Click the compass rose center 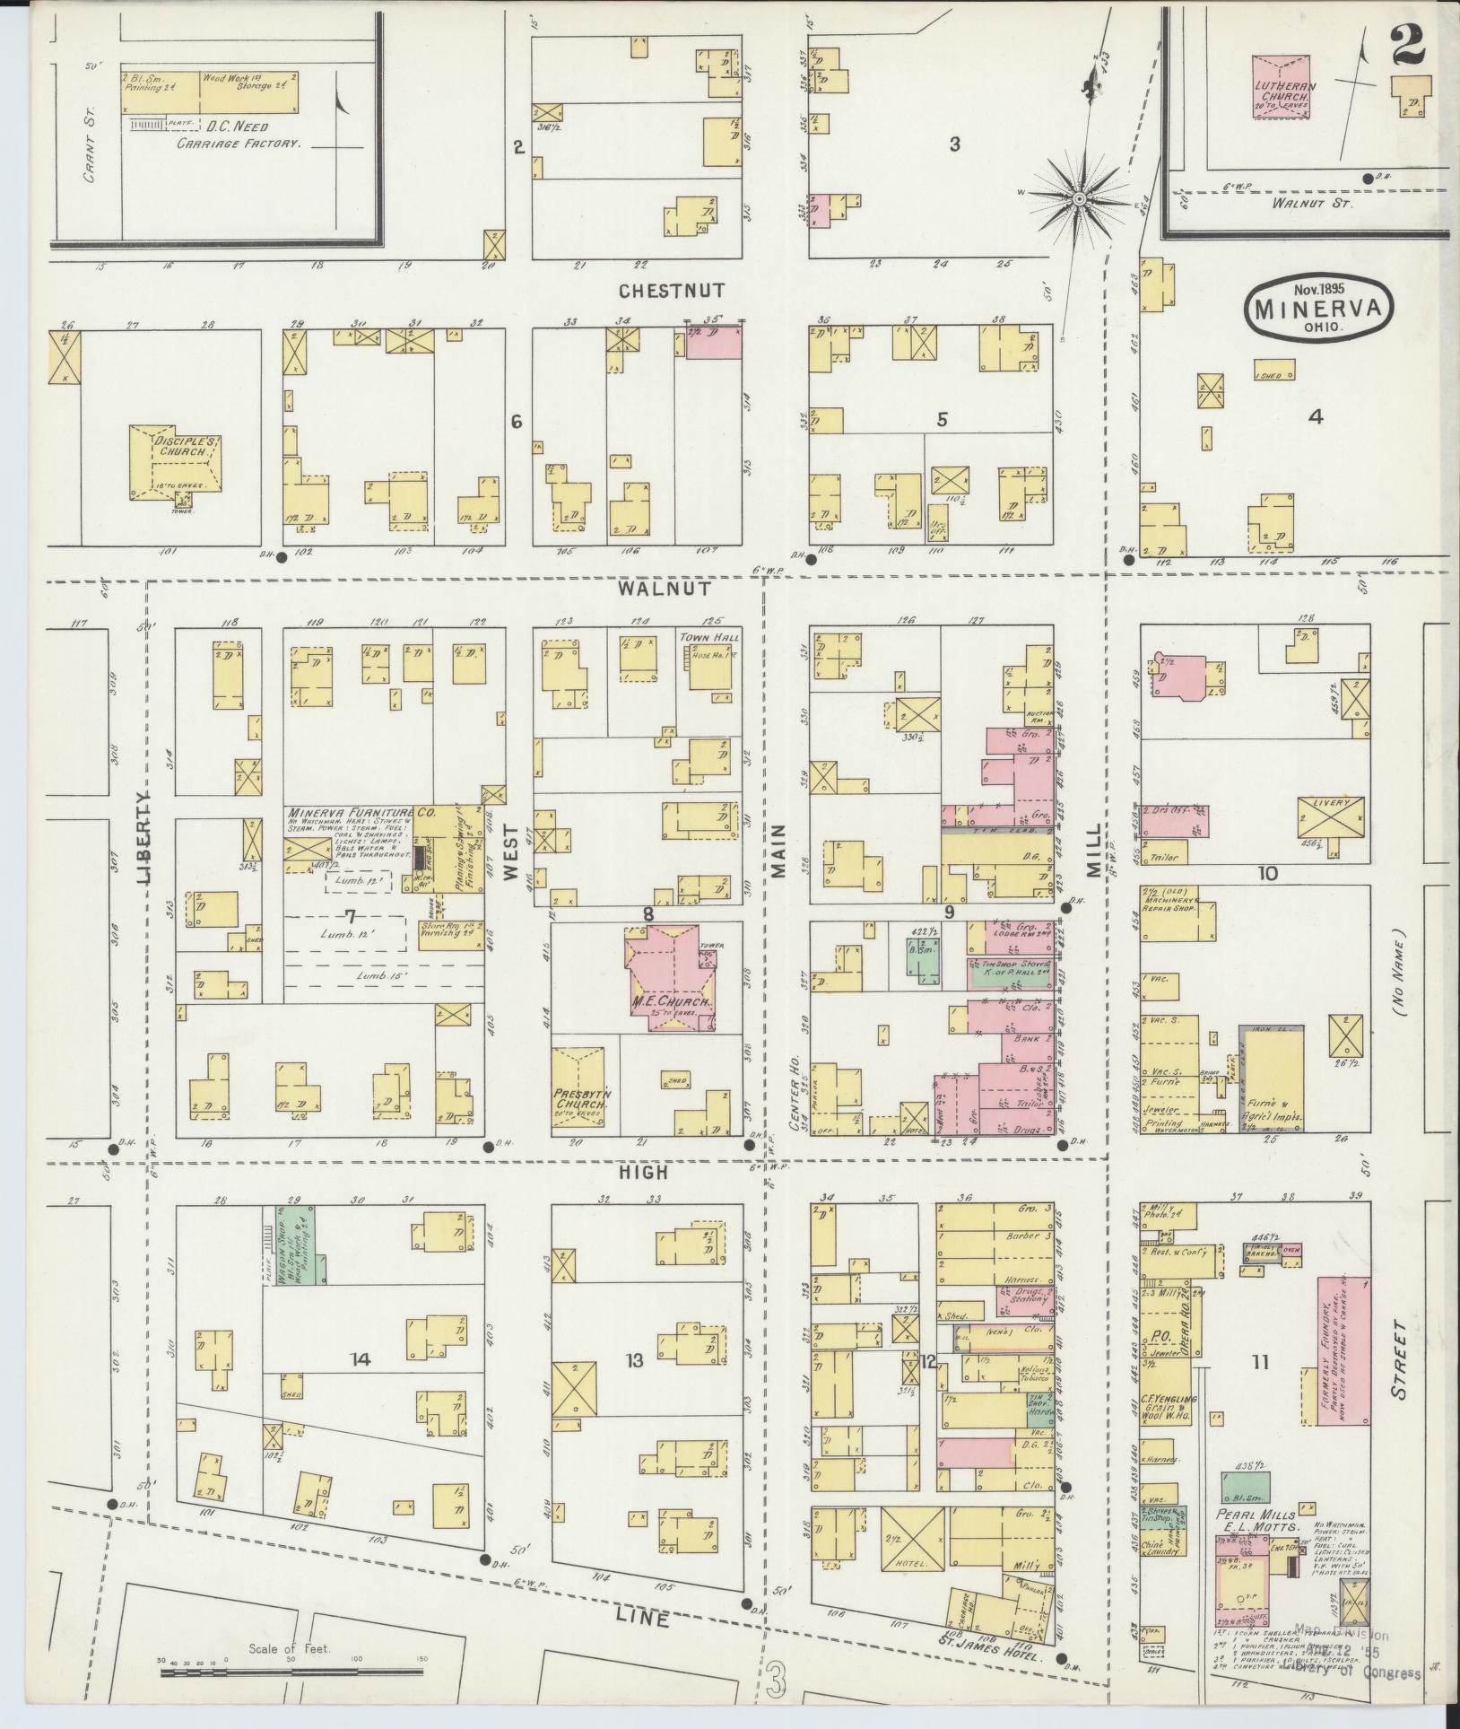1080,196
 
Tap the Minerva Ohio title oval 1318,308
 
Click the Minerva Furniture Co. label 361,811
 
